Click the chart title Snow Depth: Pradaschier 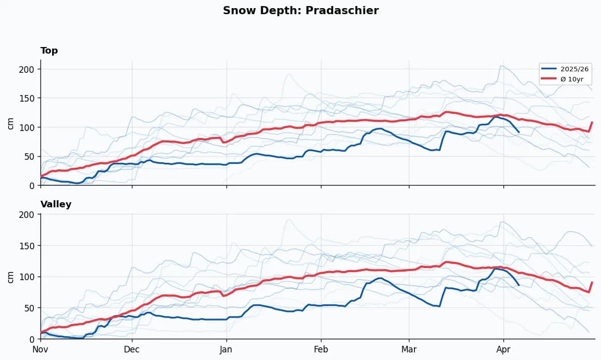click(300, 11)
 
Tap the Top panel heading click(49, 51)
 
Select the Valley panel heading click(56, 204)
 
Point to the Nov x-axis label click(40, 349)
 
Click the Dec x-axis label click(132, 349)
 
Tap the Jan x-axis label click(226, 349)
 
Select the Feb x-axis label click(320, 349)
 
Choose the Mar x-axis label click(409, 349)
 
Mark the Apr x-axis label click(503, 349)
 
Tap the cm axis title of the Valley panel click(10, 276)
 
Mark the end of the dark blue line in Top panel click(519, 132)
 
